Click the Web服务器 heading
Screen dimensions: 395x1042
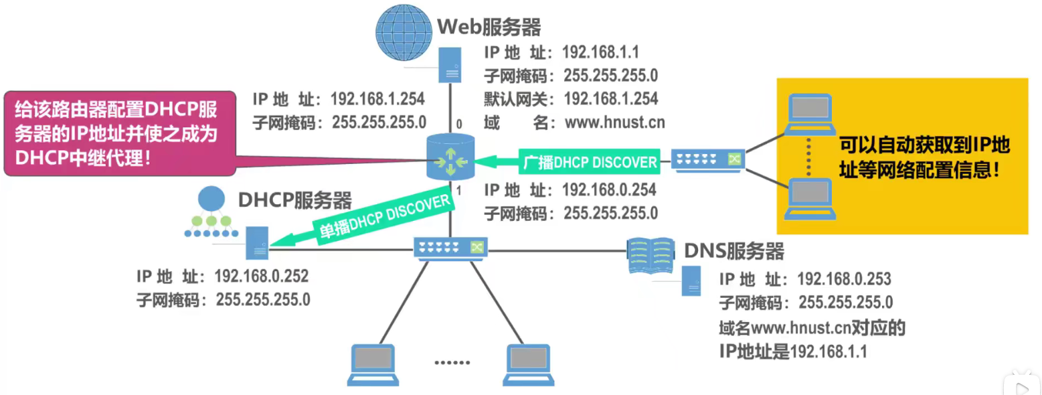[x=489, y=27]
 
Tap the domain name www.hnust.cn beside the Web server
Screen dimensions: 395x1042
[x=614, y=122]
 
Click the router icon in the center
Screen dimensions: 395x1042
[x=450, y=157]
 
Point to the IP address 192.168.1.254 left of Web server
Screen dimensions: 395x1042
[x=377, y=99]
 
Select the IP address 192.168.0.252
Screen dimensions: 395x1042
[x=261, y=276]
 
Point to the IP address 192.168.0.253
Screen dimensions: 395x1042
[x=844, y=279]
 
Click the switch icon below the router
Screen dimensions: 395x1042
[x=450, y=248]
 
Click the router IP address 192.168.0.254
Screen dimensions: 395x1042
[x=609, y=189]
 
